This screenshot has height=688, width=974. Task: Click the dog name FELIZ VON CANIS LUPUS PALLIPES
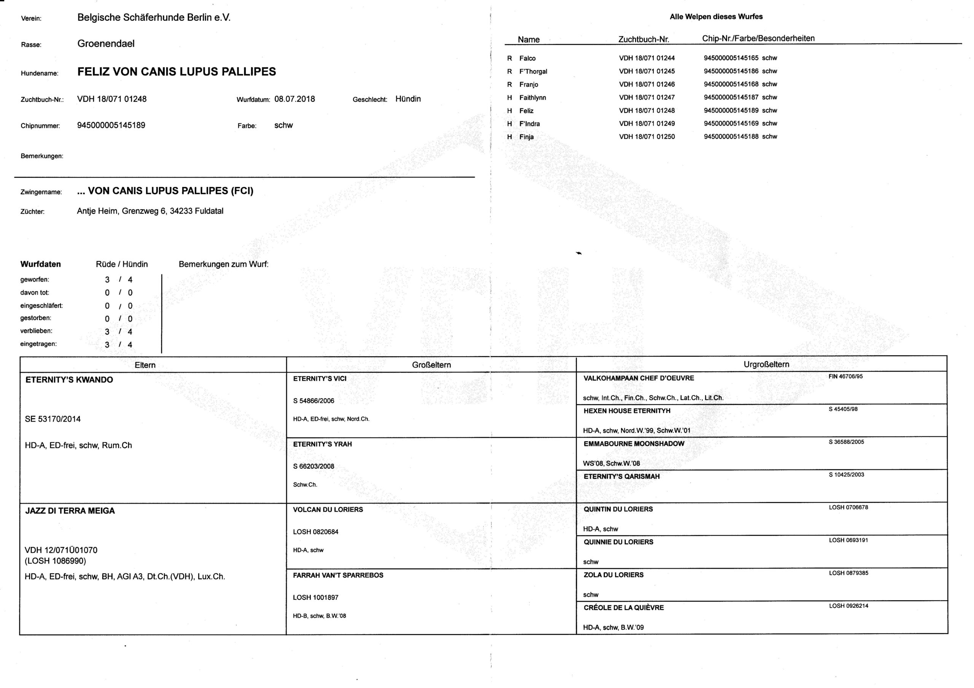[177, 71]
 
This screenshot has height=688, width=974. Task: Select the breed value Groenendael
[106, 44]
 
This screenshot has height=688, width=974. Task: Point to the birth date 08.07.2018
[294, 99]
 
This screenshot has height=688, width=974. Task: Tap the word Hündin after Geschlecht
[407, 99]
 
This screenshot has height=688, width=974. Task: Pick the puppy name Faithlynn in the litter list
[532, 98]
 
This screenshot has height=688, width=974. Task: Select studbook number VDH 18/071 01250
[646, 136]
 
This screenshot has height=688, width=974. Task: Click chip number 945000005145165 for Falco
[731, 58]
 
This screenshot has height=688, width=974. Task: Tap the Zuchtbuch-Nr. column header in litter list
[643, 40]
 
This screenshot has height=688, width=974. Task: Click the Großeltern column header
[431, 365]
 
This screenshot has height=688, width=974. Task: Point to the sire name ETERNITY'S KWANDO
[69, 380]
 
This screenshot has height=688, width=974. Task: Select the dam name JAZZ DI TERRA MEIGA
[70, 511]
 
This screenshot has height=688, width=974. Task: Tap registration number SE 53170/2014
[53, 419]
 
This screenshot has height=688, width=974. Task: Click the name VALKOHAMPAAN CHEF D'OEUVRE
[638, 378]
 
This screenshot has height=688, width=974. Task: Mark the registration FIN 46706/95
[845, 376]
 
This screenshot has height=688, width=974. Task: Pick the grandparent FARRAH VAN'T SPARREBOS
[338, 575]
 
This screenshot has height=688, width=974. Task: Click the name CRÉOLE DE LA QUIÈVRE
[623, 607]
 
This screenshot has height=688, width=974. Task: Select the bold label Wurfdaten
[40, 264]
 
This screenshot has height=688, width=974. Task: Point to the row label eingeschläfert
[41, 306]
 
